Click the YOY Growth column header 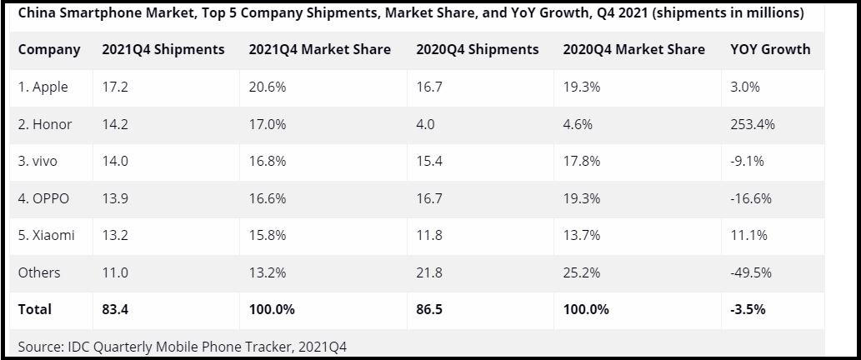(x=769, y=50)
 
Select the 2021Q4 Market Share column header (x=319, y=50)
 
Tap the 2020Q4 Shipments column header (x=477, y=50)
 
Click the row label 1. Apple (x=43, y=87)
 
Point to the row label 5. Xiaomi (x=46, y=235)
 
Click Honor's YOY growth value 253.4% (x=752, y=124)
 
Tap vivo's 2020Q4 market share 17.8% (x=581, y=161)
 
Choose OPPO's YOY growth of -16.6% (x=750, y=198)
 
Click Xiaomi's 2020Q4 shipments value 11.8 (x=428, y=235)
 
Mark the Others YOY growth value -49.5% (x=750, y=272)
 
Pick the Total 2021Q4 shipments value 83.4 (x=115, y=309)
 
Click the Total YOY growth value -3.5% (x=747, y=309)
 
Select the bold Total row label (x=35, y=309)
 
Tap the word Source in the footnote (x=39, y=344)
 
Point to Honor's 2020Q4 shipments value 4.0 (x=425, y=124)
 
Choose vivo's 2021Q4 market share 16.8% (x=268, y=161)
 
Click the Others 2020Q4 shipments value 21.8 (x=429, y=272)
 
